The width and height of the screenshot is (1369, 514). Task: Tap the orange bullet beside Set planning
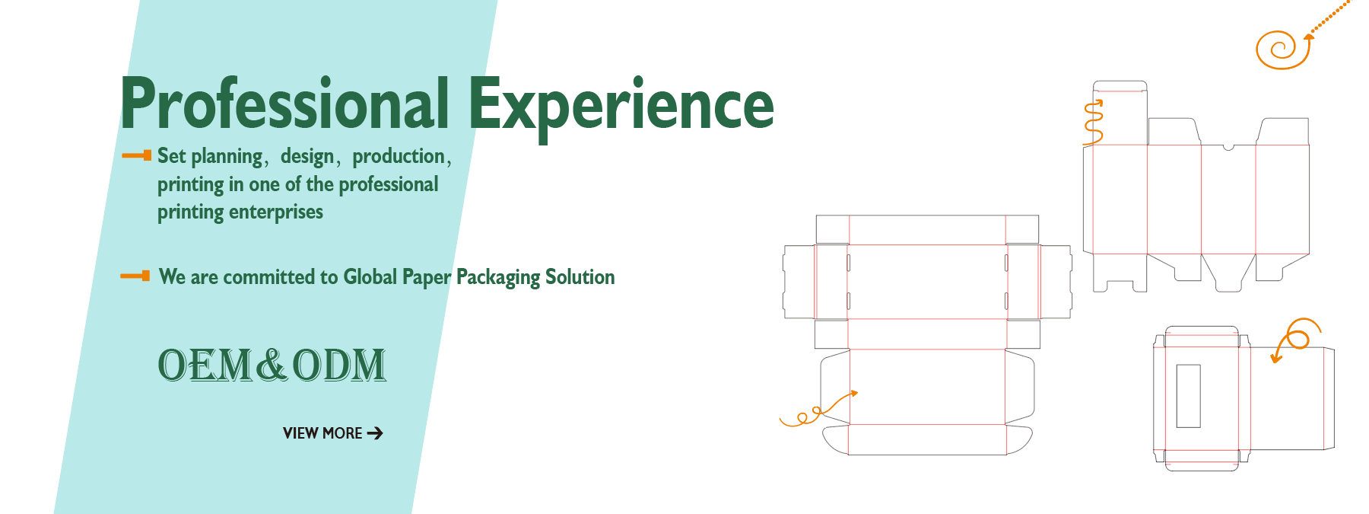pyautogui.click(x=137, y=155)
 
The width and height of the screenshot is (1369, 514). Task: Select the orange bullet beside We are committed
pyautogui.click(x=135, y=276)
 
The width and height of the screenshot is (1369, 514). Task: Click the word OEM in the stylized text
pyautogui.click(x=205, y=365)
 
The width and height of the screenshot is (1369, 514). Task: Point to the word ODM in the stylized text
pyautogui.click(x=339, y=365)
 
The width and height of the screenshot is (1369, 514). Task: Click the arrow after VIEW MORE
pyautogui.click(x=375, y=433)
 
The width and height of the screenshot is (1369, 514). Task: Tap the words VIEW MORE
pyautogui.click(x=322, y=433)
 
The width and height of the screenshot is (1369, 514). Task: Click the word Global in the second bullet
pyautogui.click(x=370, y=276)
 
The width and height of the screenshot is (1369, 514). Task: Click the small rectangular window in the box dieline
pyautogui.click(x=1188, y=396)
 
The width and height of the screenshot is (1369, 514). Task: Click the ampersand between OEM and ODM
pyautogui.click(x=272, y=365)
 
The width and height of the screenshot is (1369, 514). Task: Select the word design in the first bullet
pyautogui.click(x=307, y=157)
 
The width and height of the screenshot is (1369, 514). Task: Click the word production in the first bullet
pyautogui.click(x=399, y=157)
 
